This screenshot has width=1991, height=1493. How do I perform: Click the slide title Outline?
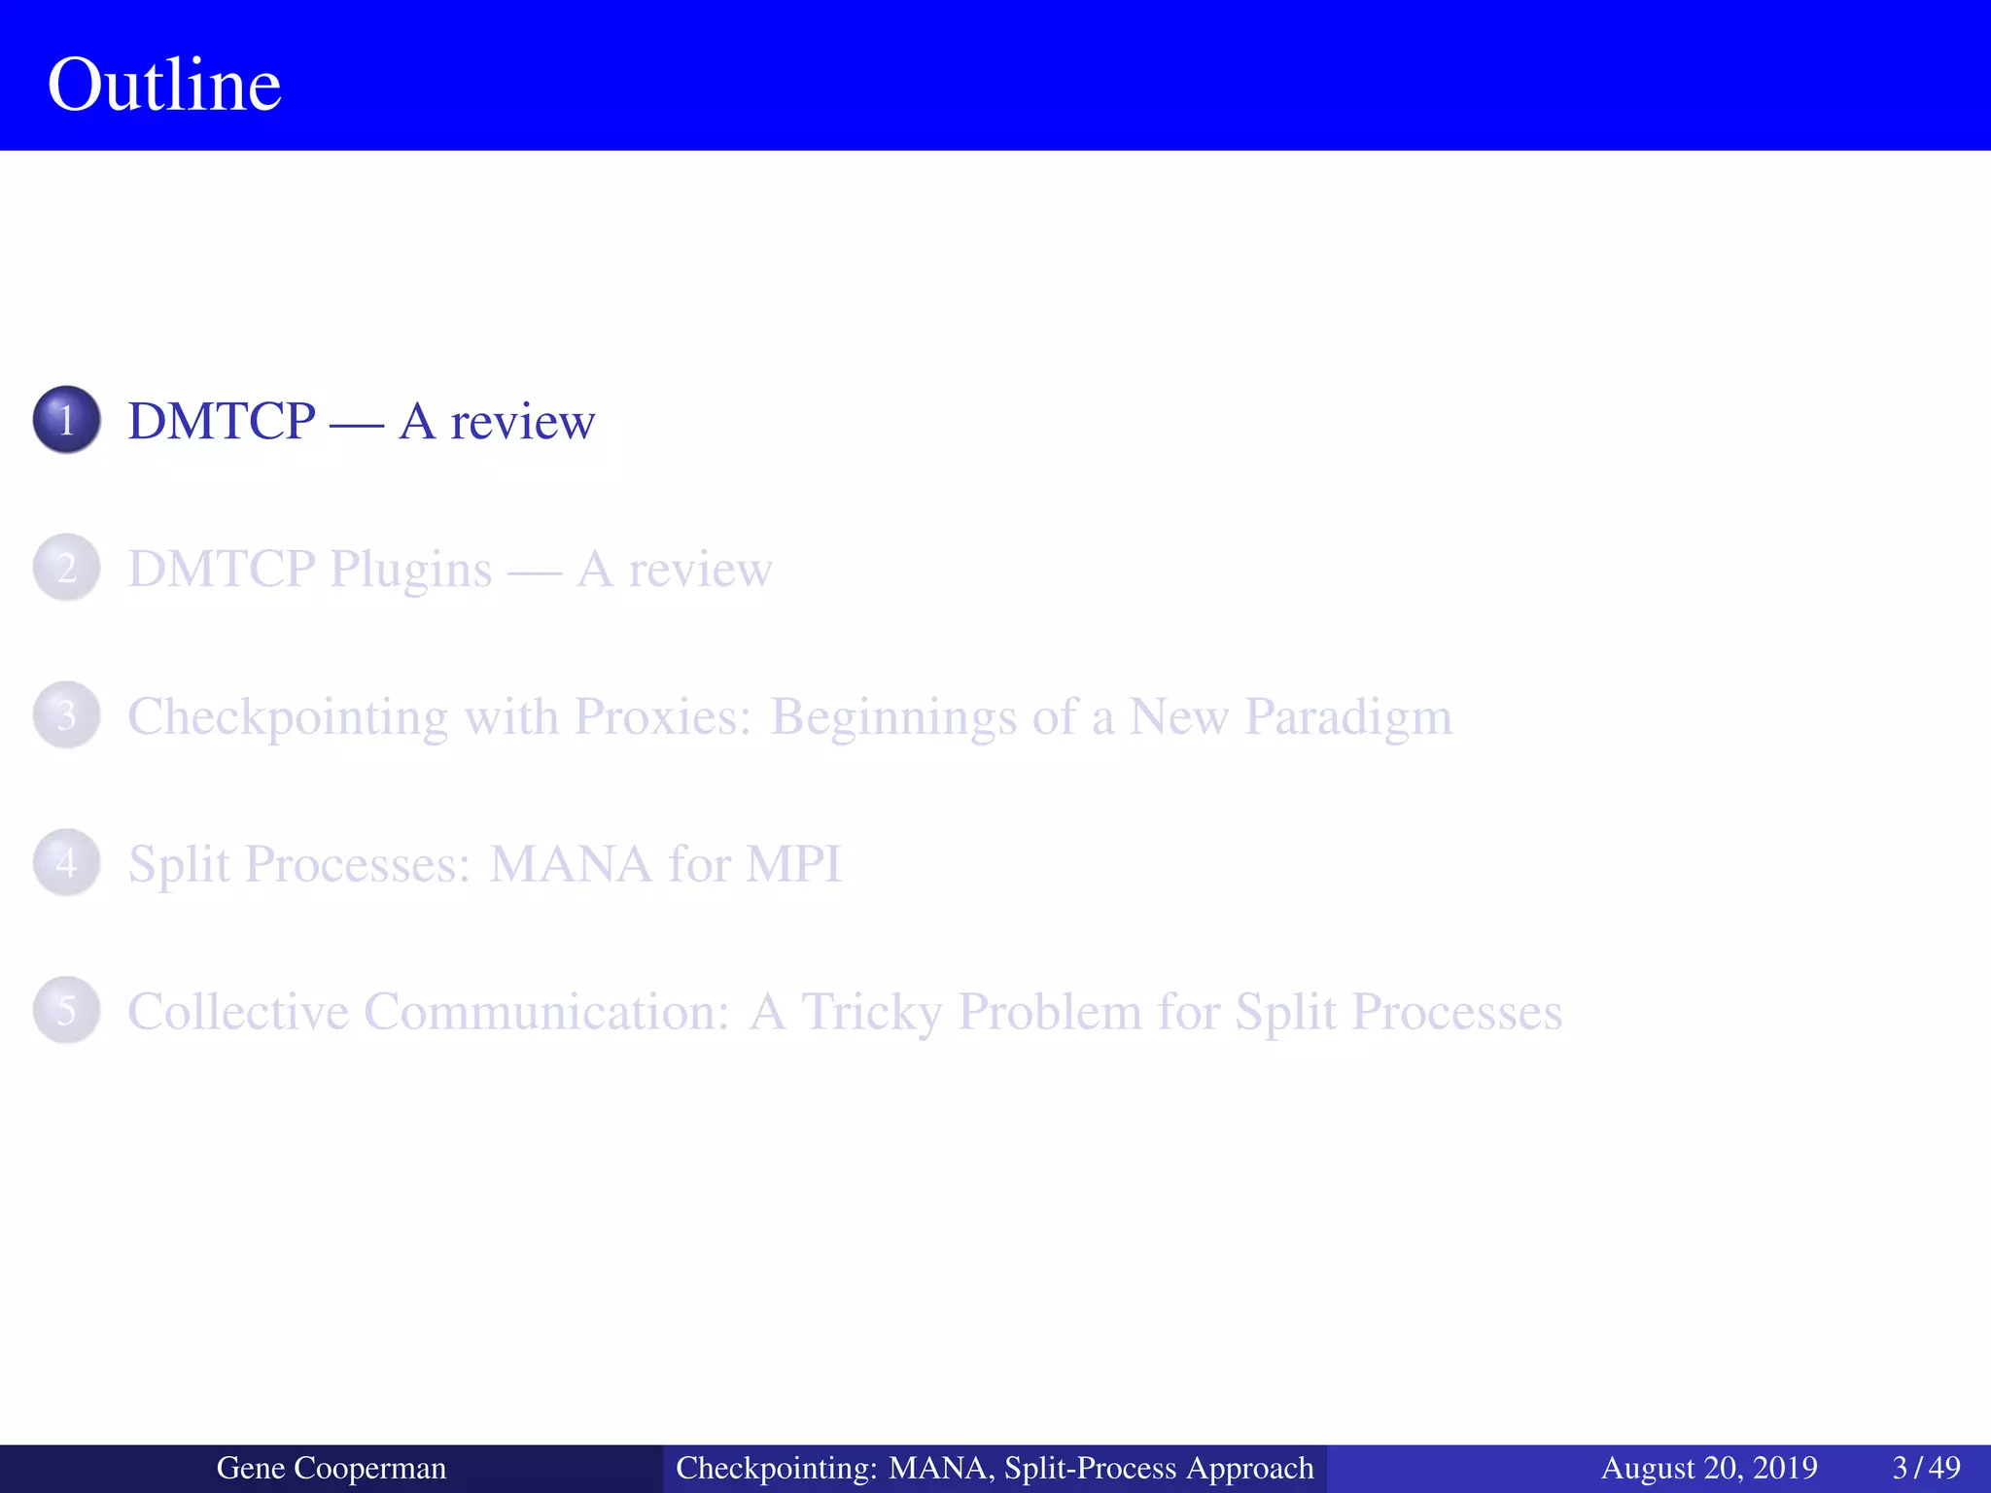coord(164,85)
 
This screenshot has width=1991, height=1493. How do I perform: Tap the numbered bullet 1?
coord(66,420)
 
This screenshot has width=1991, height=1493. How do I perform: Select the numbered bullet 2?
coord(66,568)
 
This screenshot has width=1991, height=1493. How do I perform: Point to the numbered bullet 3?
coord(66,715)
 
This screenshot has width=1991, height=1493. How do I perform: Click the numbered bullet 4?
coord(66,862)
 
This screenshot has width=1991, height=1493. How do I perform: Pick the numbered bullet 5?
coord(66,1010)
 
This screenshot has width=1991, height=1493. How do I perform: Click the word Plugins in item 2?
coord(410,571)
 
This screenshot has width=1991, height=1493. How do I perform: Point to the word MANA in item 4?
coord(570,864)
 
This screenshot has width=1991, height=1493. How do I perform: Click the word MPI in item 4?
coord(792,864)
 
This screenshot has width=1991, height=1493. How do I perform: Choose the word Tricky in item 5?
coord(871,1013)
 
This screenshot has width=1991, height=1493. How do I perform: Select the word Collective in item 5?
coord(238,1012)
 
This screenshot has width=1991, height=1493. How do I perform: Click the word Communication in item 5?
coord(546,1012)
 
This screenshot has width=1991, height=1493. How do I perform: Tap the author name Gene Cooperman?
coord(331,1468)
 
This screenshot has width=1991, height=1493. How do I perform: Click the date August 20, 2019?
coord(1709,1468)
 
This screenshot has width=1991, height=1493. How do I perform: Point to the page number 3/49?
coord(1926,1468)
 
